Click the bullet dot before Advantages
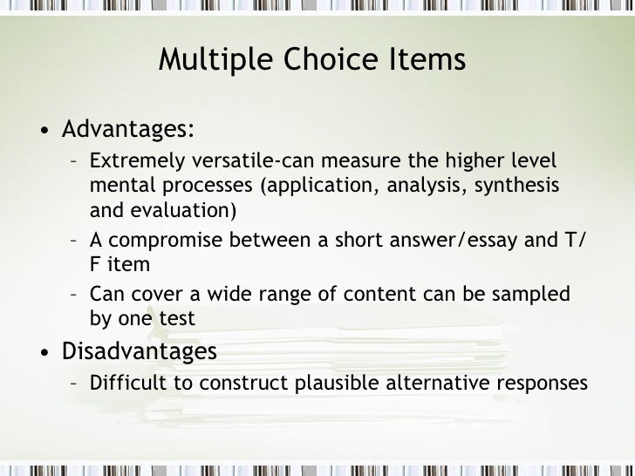point(44,132)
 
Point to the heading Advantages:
point(127,130)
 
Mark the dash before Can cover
point(74,295)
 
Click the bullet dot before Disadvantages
point(44,353)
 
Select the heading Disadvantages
point(139,351)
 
